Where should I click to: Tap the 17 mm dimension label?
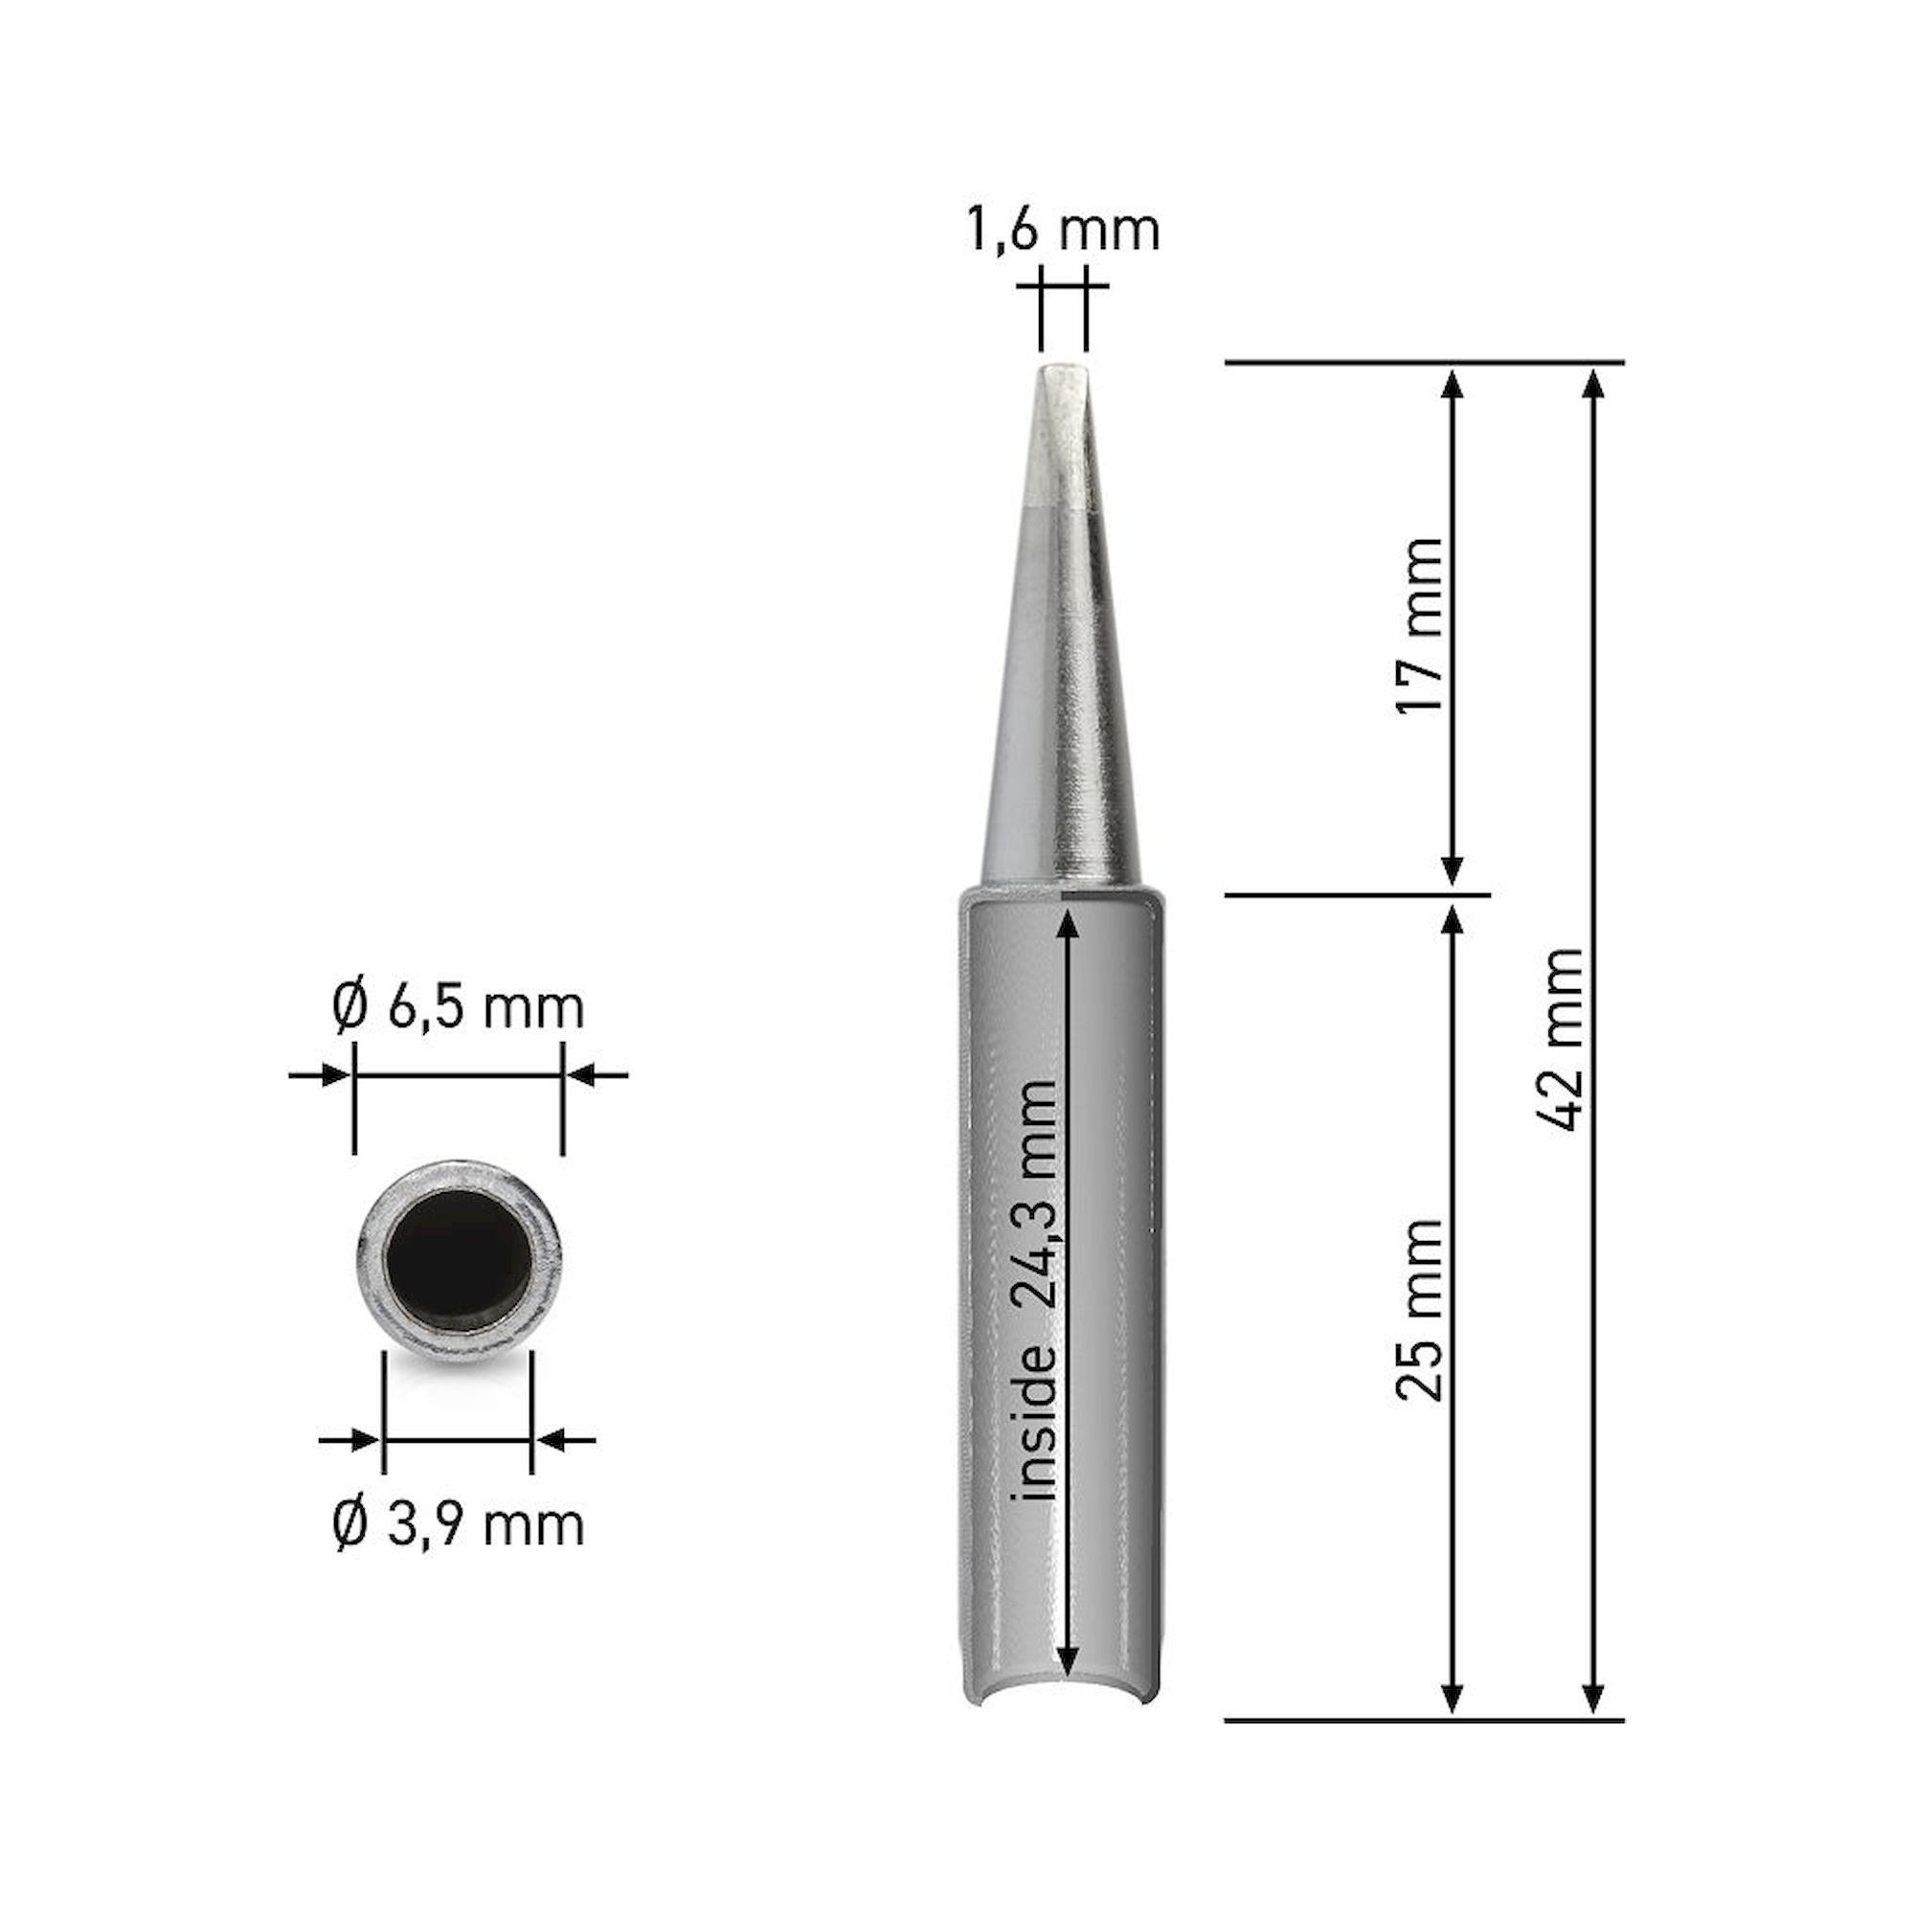[1418, 626]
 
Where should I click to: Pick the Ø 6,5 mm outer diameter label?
[457, 1009]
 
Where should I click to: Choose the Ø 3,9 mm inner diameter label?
[457, 1524]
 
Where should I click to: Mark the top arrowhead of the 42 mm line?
[1592, 383]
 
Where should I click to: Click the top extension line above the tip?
[1424, 363]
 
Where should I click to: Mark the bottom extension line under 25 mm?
[1424, 1721]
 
